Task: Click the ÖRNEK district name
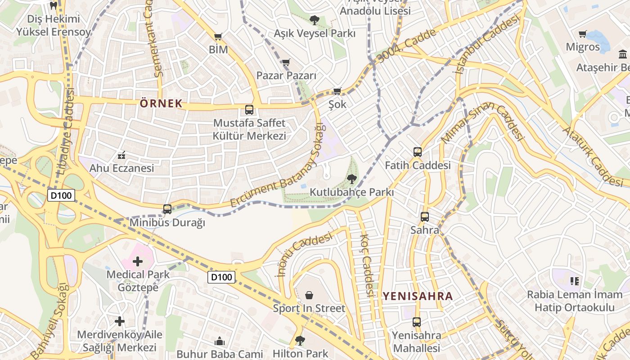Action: pyautogui.click(x=161, y=103)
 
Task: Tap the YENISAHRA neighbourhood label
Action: pyautogui.click(x=418, y=296)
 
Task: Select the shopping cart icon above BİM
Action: pyautogui.click(x=218, y=37)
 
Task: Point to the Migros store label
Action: pyautogui.click(x=583, y=47)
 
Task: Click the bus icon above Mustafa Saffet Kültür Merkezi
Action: pyautogui.click(x=249, y=109)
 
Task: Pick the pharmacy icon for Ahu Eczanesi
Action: pyautogui.click(x=121, y=156)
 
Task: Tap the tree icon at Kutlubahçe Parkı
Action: pyautogui.click(x=352, y=179)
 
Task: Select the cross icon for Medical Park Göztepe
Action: pyautogui.click(x=138, y=261)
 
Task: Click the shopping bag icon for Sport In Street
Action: pyautogui.click(x=309, y=295)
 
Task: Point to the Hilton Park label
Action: pyautogui.click(x=301, y=354)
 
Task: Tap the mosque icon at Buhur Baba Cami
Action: pyautogui.click(x=220, y=341)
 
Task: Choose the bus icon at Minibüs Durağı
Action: pyautogui.click(x=167, y=209)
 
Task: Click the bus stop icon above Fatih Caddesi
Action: pyautogui.click(x=418, y=152)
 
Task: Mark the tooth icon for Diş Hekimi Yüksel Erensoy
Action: pyautogui.click(x=53, y=6)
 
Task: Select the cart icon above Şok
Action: pyautogui.click(x=337, y=91)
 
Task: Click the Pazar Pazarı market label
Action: pyautogui.click(x=286, y=75)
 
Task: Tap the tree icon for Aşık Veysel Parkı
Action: pyautogui.click(x=314, y=20)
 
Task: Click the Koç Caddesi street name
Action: pyautogui.click(x=366, y=265)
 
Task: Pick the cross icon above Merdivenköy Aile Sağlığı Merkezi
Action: pyautogui.click(x=120, y=321)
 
